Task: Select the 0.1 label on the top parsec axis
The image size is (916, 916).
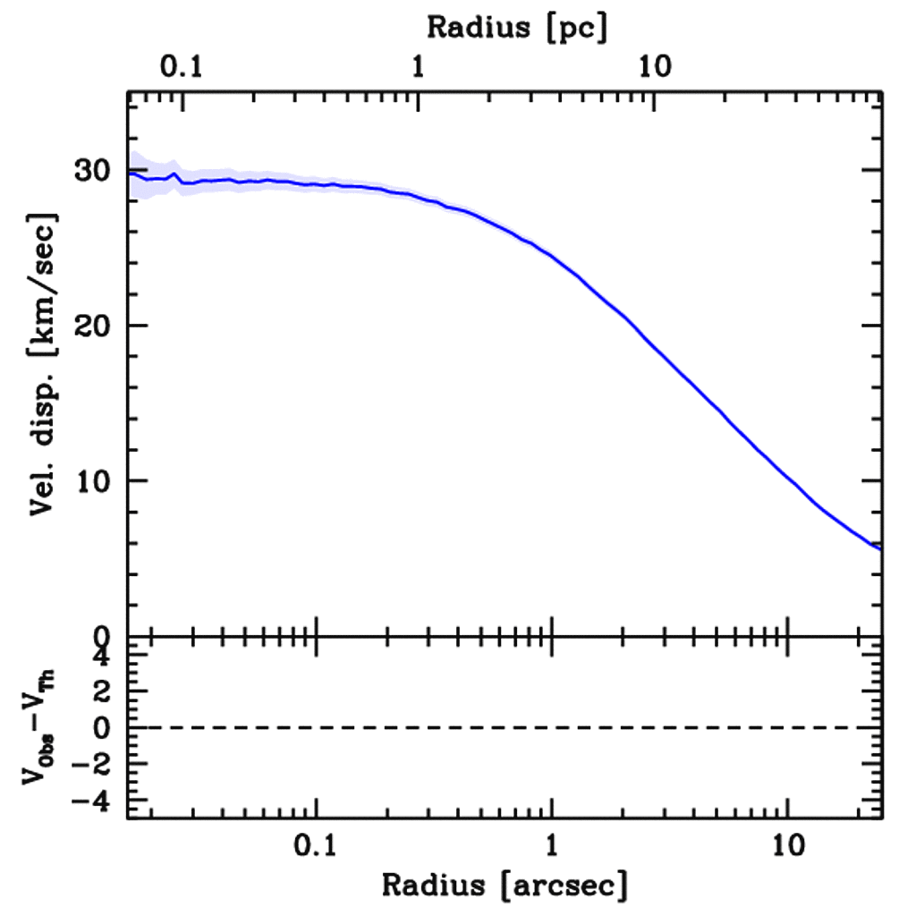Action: pos(183,68)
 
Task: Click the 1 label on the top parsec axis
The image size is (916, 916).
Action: pos(418,68)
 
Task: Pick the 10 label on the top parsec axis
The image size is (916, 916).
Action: pos(656,68)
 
